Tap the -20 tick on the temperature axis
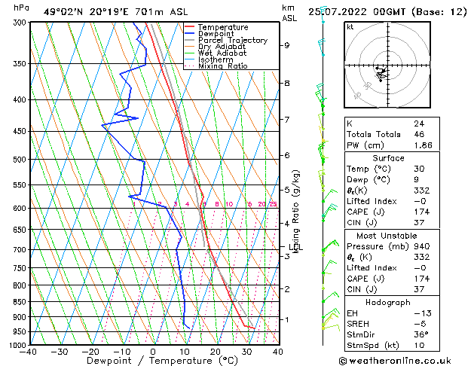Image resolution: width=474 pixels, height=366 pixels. tap(90, 352)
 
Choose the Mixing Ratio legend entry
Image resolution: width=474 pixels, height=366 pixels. tap(223, 66)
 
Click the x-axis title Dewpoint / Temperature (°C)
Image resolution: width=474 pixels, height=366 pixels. tap(153, 361)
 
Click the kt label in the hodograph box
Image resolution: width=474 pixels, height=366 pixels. tap(350, 26)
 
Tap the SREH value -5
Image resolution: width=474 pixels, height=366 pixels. tap(418, 324)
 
